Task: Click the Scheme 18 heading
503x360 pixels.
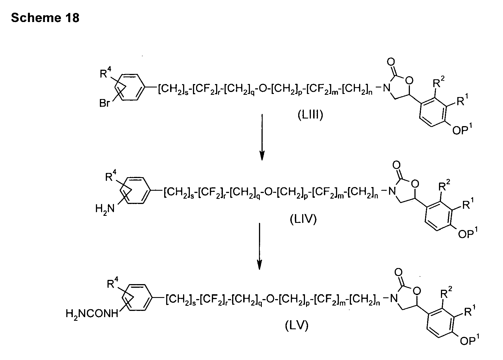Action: [x=45, y=18]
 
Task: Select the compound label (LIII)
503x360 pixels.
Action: [x=310, y=115]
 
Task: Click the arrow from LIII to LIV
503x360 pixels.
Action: [x=262, y=137]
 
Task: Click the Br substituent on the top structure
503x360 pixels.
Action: [x=105, y=104]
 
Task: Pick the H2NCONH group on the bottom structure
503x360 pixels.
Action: [x=92, y=313]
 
